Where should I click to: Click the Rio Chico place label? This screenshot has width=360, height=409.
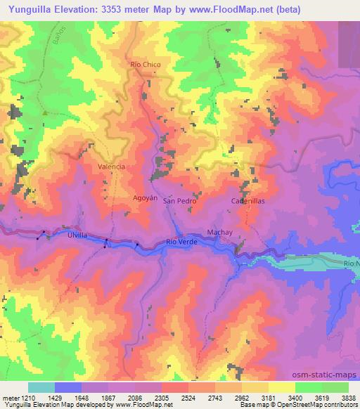pyautogui.click(x=146, y=65)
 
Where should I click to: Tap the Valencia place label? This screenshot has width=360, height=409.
pyautogui.click(x=111, y=167)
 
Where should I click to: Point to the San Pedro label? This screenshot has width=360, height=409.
pyautogui.click(x=179, y=200)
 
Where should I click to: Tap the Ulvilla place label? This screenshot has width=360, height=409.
pyautogui.click(x=75, y=236)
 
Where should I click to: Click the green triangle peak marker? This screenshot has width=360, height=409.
pyautogui.click(x=44, y=112)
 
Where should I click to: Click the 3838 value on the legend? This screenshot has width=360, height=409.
pyautogui.click(x=348, y=398)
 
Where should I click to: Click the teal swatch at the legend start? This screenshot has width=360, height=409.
pyautogui.click(x=41, y=387)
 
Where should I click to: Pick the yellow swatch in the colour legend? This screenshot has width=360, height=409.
pyautogui.click(x=282, y=387)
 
